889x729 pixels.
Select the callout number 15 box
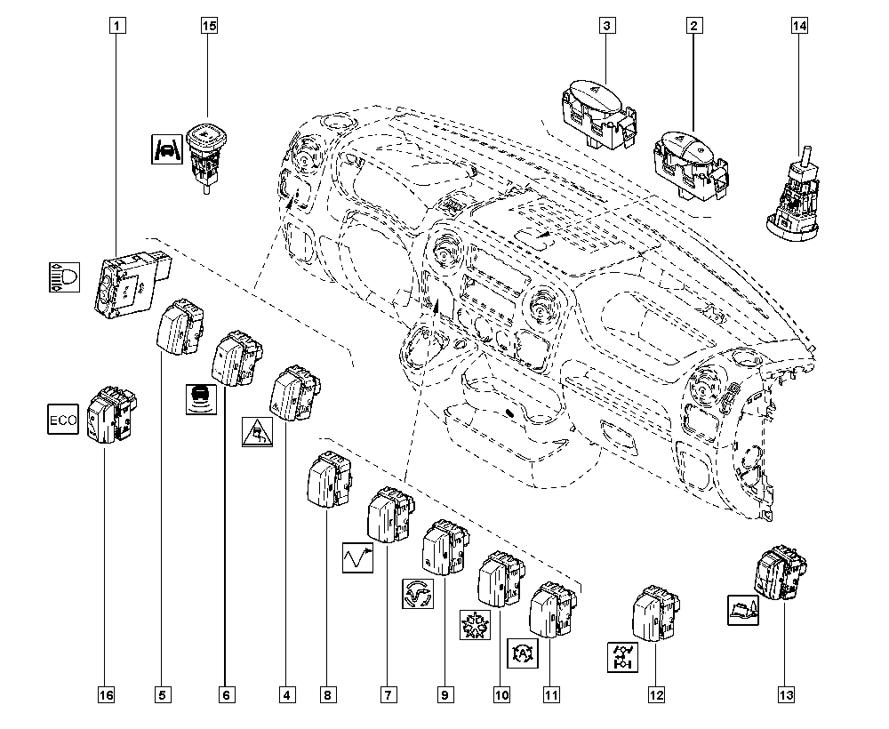tap(208, 26)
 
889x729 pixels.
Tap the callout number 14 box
tap(800, 26)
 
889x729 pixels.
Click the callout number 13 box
tap(786, 694)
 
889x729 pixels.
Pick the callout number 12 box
tap(655, 694)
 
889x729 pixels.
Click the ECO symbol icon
tap(62, 419)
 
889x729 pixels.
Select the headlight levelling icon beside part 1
tap(62, 277)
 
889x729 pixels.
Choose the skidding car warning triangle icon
tap(258, 431)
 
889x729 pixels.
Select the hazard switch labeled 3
tap(597, 108)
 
